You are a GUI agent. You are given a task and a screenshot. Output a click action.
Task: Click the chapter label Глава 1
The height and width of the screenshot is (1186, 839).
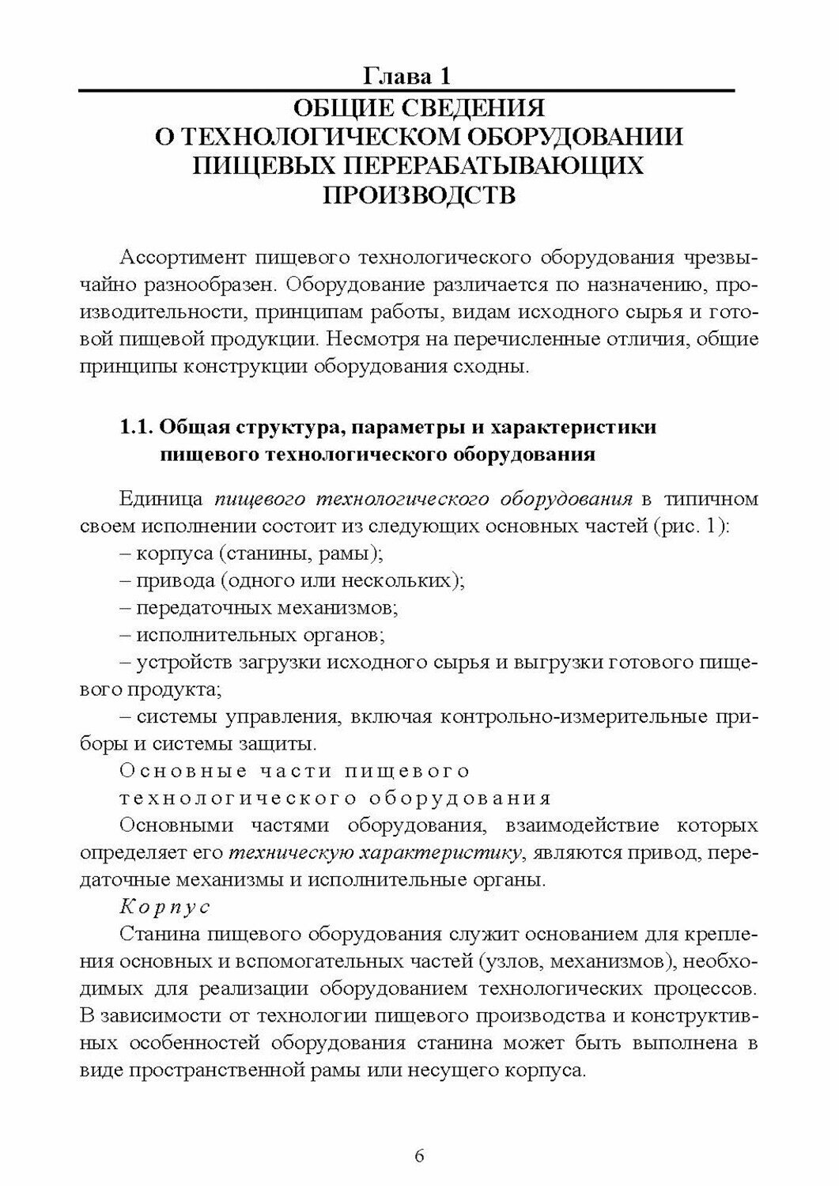pos(406,77)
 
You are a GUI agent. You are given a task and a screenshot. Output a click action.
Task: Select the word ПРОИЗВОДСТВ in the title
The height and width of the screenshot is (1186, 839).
pos(419,195)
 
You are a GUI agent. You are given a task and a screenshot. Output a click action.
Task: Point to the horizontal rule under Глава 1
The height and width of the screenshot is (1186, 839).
pos(406,93)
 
